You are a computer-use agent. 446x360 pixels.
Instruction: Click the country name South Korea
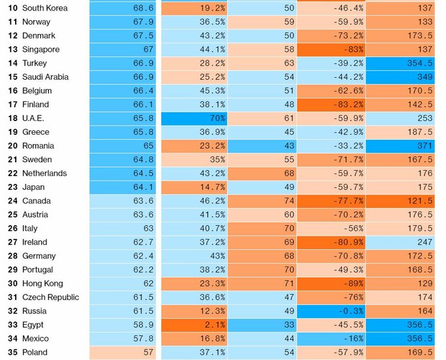tap(45, 8)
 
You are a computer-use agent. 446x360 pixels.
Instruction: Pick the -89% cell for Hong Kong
tap(331, 283)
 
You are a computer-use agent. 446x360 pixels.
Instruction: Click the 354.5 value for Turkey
tap(400, 63)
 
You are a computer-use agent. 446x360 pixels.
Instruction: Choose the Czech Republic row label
tap(50, 297)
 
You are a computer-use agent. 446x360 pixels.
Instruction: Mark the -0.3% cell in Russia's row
tap(331, 311)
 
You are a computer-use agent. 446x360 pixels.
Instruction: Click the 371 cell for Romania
tap(400, 146)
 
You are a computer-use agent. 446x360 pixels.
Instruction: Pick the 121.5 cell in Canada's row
tap(400, 201)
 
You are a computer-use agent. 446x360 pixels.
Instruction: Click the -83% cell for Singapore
tap(331, 50)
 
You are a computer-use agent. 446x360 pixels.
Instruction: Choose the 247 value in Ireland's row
tap(400, 242)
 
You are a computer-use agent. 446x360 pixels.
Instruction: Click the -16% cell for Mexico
tap(331, 338)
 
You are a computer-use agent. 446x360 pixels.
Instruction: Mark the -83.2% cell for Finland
tap(331, 105)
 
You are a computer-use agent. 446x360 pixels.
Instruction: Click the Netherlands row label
tap(44, 173)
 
